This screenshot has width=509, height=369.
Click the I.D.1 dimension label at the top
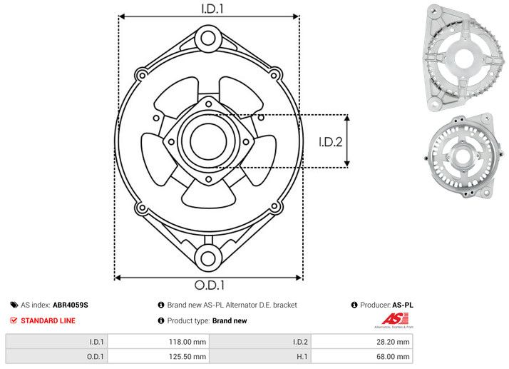tap(208, 9)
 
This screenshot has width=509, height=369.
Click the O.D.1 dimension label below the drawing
tap(209, 285)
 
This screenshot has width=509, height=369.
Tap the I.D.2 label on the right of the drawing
tap(331, 141)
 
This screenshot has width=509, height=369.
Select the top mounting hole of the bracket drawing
tap(207, 37)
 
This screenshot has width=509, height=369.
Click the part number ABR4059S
tap(71, 305)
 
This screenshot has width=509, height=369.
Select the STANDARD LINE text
tap(48, 321)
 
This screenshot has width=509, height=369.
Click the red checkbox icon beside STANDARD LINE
tap(14, 321)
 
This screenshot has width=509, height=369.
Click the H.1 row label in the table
tap(299, 356)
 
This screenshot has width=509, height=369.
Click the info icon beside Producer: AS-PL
tap(354, 305)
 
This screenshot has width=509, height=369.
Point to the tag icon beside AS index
tap(14, 305)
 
